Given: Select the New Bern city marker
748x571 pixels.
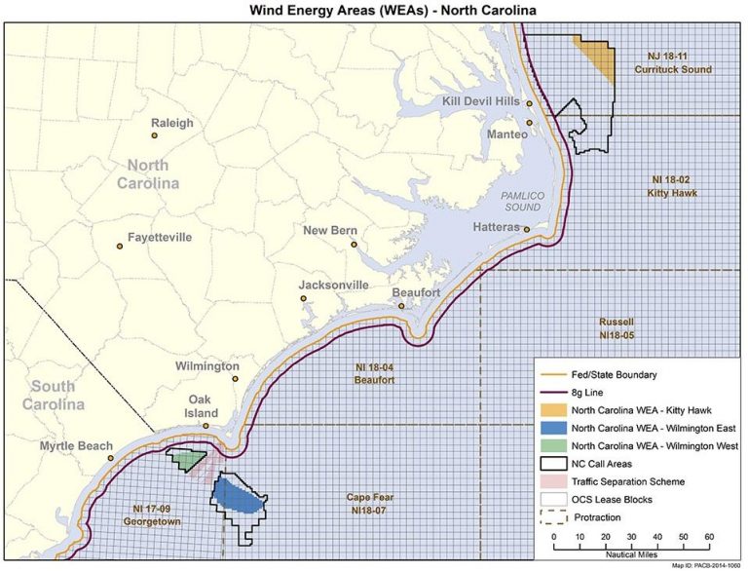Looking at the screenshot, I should pos(355,245).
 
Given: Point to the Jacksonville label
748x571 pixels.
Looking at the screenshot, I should pos(334,285).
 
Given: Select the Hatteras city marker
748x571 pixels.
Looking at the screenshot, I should pos(527,230).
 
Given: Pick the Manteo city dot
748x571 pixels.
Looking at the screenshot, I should pos(529,123).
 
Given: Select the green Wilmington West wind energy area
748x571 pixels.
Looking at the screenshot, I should pos(188,459).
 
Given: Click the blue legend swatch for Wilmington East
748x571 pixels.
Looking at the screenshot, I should pos(554,428).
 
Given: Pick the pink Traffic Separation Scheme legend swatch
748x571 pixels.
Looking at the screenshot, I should pos(554,481).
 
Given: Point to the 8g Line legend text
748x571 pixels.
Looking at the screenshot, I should pos(588,392).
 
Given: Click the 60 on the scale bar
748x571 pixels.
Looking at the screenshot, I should pos(709,537).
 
